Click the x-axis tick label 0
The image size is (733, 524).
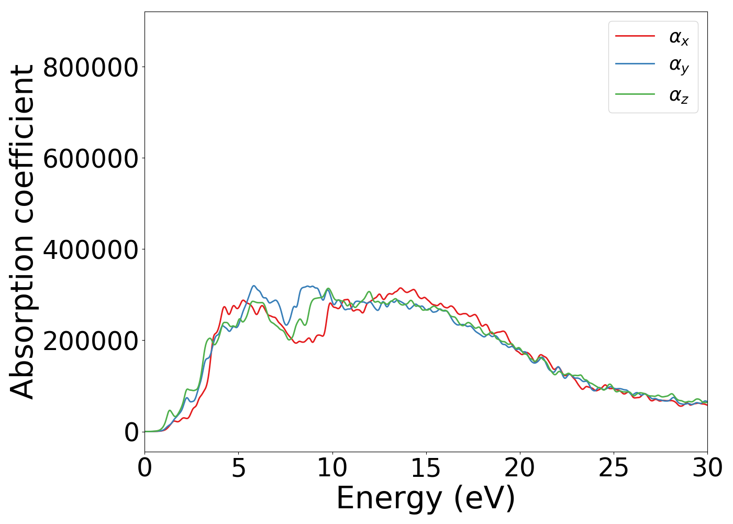pyautogui.click(x=145, y=468)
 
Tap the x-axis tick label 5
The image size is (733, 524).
pyautogui.click(x=238, y=468)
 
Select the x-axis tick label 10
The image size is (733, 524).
pyautogui.click(x=332, y=468)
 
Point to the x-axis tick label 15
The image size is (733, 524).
pyautogui.click(x=426, y=468)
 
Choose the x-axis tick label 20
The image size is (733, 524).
pyautogui.click(x=519, y=468)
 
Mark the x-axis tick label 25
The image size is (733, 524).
pyautogui.click(x=613, y=468)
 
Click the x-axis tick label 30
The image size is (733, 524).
pyautogui.click(x=707, y=468)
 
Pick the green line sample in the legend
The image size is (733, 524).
pyautogui.click(x=635, y=94)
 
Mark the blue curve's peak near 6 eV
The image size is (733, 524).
pyautogui.click(x=254, y=286)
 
